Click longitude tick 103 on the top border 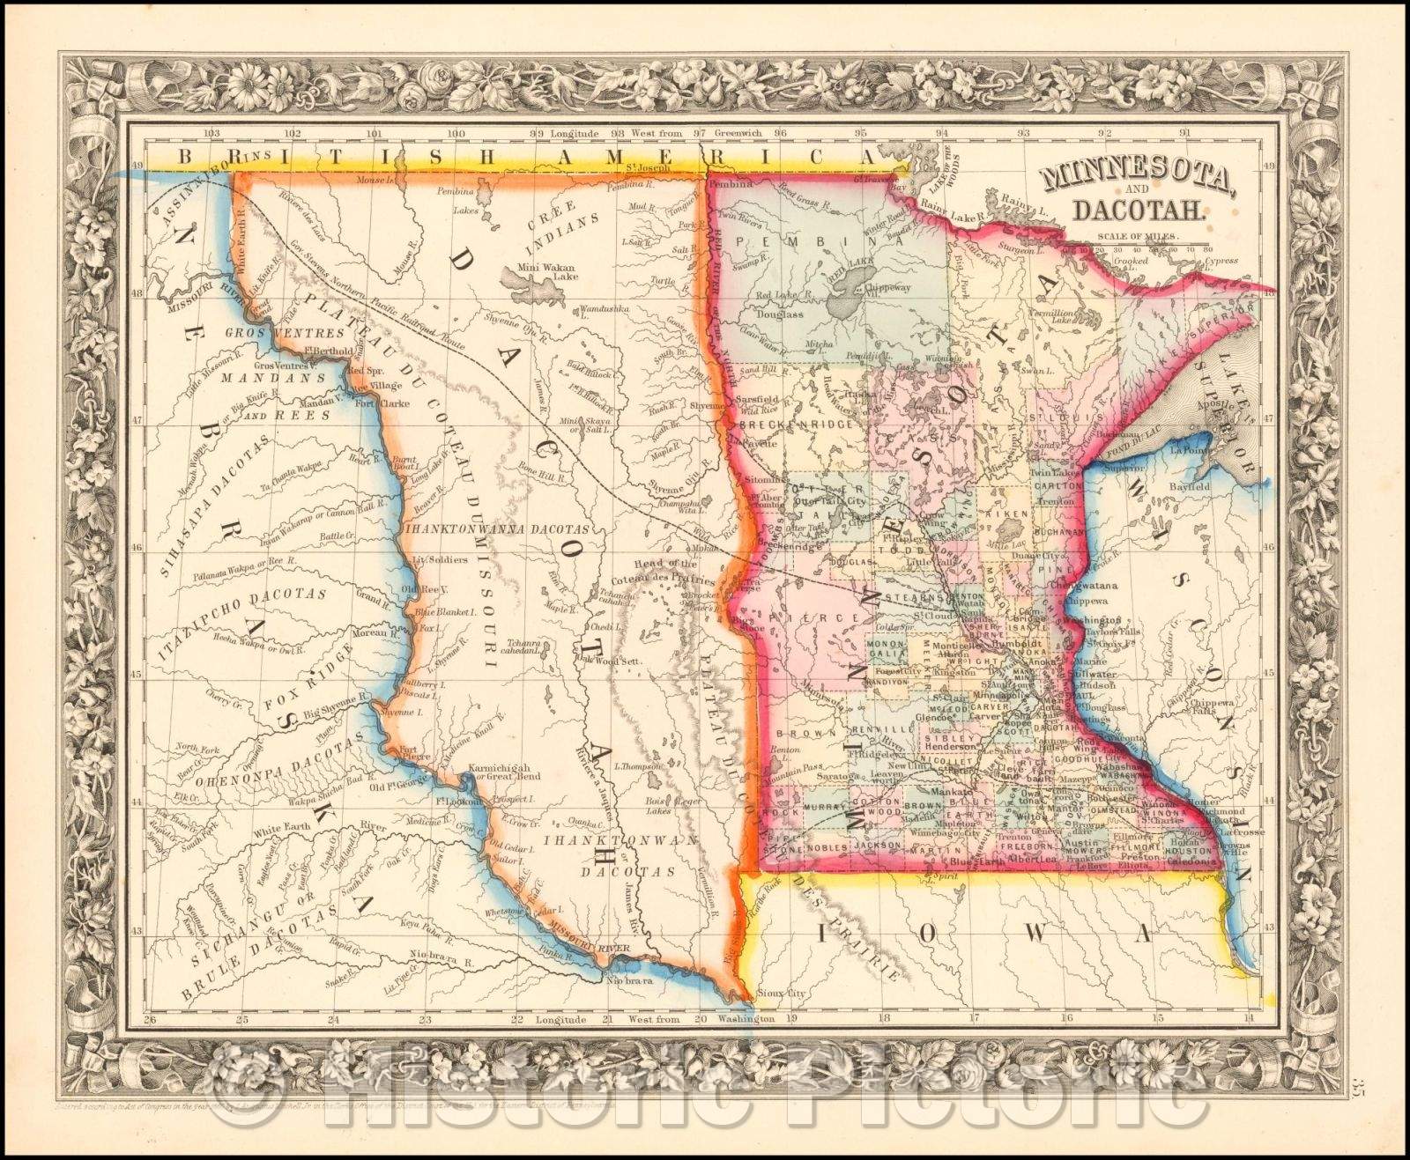click(x=211, y=134)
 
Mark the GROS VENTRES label click(x=272, y=333)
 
